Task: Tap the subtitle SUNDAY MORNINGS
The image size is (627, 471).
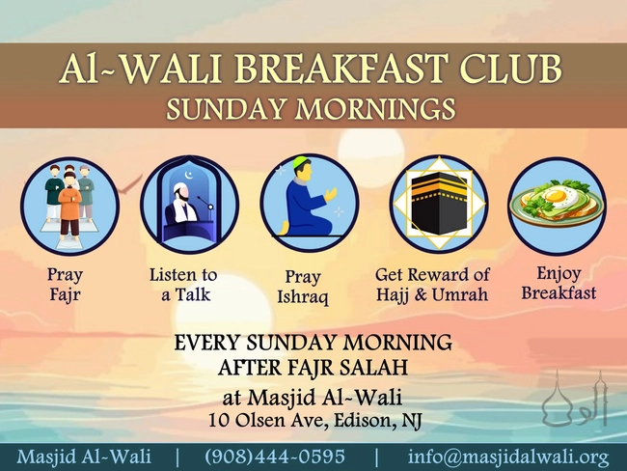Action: tap(313, 107)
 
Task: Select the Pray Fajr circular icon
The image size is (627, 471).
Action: tap(69, 206)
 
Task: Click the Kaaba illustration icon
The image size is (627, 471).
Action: tap(438, 204)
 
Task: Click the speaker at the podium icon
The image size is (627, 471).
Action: tap(188, 204)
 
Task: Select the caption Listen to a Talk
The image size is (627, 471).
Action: tap(183, 285)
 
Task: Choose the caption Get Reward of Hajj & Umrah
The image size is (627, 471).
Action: tap(432, 285)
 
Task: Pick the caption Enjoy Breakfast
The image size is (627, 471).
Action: tap(559, 284)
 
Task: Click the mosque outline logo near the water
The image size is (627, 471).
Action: tap(575, 400)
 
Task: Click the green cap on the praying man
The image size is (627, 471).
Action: tap(301, 162)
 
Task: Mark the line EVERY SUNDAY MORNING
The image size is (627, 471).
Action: tap(313, 343)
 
